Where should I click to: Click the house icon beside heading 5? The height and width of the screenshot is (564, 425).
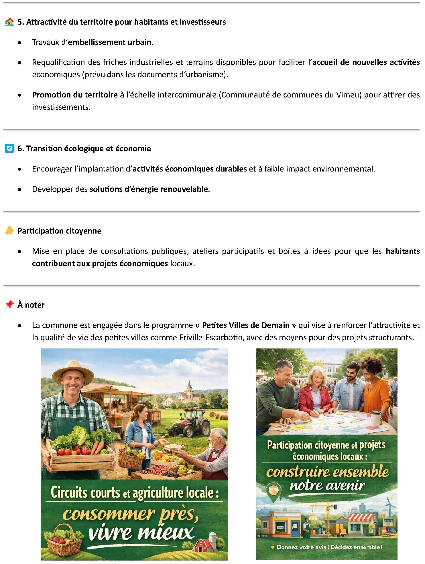9,22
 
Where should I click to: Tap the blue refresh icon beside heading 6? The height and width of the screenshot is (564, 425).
9,149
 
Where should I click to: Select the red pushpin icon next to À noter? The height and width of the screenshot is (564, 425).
9,304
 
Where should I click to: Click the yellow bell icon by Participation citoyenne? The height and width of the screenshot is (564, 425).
9,231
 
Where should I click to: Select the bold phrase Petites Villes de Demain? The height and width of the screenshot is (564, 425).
246,325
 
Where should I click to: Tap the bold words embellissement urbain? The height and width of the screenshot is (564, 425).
110,42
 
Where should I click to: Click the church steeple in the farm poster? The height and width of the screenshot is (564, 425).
189,388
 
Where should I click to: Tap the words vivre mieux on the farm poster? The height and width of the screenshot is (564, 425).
141,532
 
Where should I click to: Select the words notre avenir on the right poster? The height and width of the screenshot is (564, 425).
327,486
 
